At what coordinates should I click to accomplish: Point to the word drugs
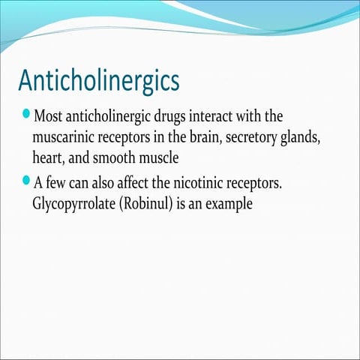(x=187, y=118)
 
